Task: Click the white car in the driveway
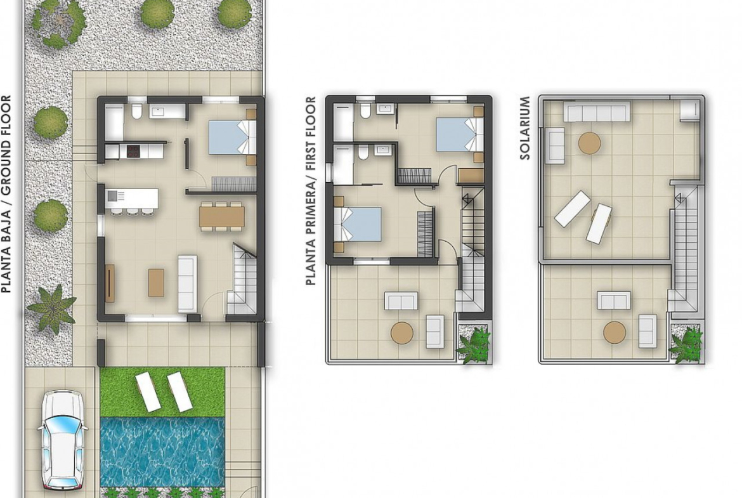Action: tap(63, 439)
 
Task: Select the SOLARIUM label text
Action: tap(525, 128)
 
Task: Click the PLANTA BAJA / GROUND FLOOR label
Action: tap(6, 194)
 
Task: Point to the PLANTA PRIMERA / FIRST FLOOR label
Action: tap(311, 191)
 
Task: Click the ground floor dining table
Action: tap(223, 217)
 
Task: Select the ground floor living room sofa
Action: tap(187, 284)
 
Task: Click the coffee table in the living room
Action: tap(156, 282)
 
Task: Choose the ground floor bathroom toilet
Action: tap(137, 111)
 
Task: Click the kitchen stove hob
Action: tap(133, 151)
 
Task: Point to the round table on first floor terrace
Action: tap(402, 333)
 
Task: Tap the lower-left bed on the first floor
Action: tap(358, 225)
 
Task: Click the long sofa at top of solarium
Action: tap(597, 112)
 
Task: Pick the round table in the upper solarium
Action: tap(589, 143)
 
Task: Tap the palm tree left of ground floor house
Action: tap(51, 308)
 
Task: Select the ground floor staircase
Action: tap(242, 278)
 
